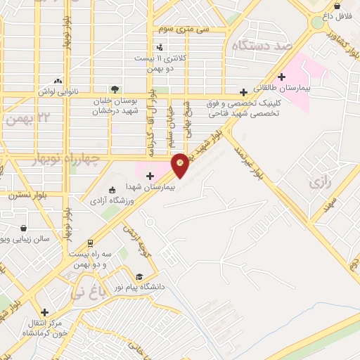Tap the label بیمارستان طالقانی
[x=310, y=89]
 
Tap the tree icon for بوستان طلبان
[x=114, y=89]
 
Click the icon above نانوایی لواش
[x=58, y=82]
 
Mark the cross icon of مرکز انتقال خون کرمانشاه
[x=44, y=312]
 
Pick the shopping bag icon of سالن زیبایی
[x=24, y=228]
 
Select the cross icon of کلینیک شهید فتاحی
[x=243, y=92]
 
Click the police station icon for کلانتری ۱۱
[x=160, y=48]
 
